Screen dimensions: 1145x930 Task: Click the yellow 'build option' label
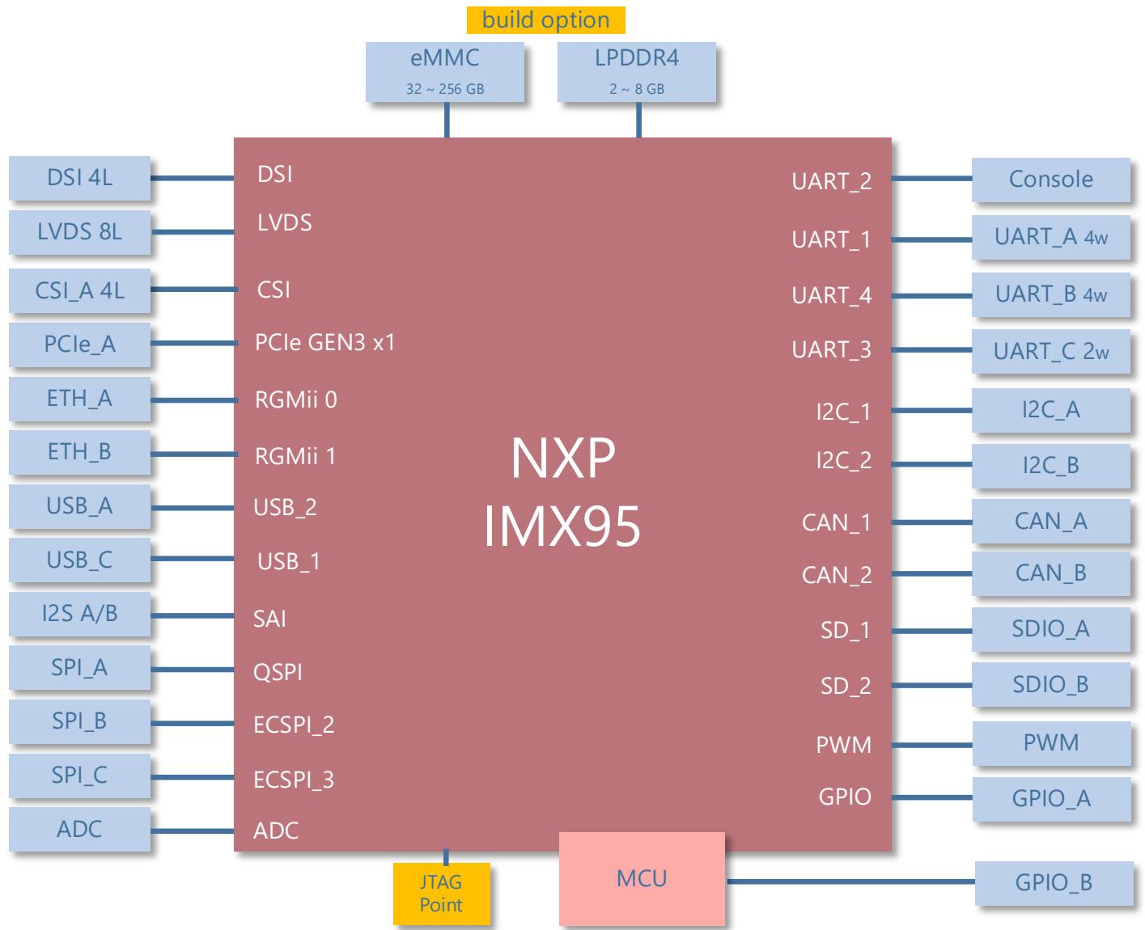545,20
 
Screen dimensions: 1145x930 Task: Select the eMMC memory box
445,72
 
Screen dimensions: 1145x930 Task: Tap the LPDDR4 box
637,72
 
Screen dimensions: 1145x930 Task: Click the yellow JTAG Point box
441,894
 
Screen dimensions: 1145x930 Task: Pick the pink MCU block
642,879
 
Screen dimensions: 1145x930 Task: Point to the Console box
1051,180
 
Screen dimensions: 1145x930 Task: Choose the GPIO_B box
1054,883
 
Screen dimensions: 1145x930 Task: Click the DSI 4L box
79,178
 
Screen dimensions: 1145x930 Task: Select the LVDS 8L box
79,232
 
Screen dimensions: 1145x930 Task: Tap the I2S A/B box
79,614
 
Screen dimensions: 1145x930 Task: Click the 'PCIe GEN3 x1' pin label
324,342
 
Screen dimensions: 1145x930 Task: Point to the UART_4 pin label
832,295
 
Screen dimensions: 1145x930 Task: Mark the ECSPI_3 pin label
294,780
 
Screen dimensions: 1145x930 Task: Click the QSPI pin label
278,672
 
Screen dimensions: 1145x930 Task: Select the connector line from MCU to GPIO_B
850,881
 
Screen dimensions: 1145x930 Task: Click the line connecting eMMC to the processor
447,119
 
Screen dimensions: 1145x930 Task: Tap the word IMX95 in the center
562,526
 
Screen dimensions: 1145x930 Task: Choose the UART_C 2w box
1051,351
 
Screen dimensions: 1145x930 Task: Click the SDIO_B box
1051,684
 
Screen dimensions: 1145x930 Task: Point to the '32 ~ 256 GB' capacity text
445,89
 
